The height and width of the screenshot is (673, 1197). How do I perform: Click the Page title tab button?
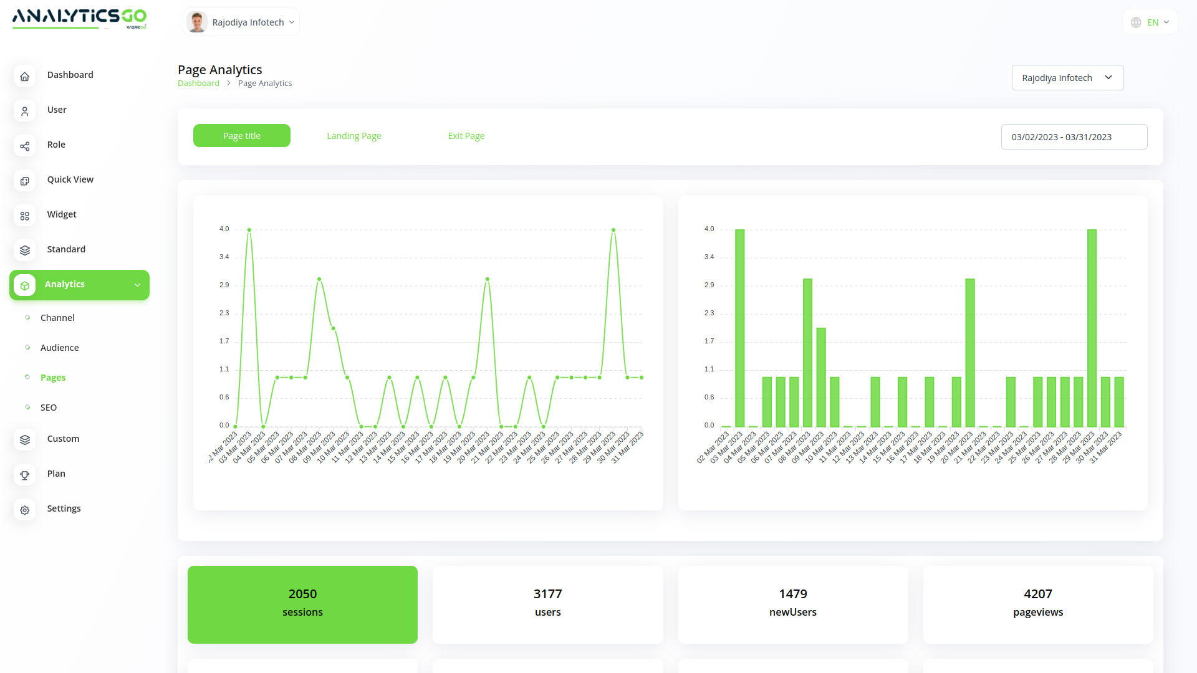(x=242, y=136)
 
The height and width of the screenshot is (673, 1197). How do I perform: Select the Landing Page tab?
(x=353, y=136)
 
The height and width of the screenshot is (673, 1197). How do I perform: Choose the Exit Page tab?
(x=466, y=136)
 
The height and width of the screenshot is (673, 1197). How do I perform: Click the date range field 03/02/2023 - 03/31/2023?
(x=1074, y=137)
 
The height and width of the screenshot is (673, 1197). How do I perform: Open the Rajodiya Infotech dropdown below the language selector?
(x=1067, y=78)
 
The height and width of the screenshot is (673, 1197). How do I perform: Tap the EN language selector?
(x=1150, y=22)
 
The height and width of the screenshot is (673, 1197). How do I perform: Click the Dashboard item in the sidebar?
(x=70, y=75)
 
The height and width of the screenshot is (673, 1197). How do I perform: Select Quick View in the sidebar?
(x=70, y=179)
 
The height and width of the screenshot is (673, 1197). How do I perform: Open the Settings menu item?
(x=64, y=508)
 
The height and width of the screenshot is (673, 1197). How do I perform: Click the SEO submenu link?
(x=49, y=408)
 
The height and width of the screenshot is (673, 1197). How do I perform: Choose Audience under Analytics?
(x=59, y=348)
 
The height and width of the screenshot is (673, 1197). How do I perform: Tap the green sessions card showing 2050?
(x=302, y=604)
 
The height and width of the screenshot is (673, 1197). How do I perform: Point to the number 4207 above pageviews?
(x=1037, y=594)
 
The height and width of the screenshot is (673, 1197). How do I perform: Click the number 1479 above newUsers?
(x=792, y=594)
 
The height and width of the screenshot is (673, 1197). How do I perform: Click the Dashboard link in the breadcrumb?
(x=198, y=84)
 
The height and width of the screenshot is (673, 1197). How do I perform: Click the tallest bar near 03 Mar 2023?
(x=739, y=328)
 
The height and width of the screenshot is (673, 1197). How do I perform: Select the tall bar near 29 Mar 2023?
(x=1092, y=328)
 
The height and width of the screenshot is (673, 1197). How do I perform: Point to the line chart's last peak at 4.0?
(x=613, y=230)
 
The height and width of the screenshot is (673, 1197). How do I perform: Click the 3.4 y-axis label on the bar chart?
(x=709, y=257)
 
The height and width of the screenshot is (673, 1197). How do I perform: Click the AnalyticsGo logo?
(x=79, y=18)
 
